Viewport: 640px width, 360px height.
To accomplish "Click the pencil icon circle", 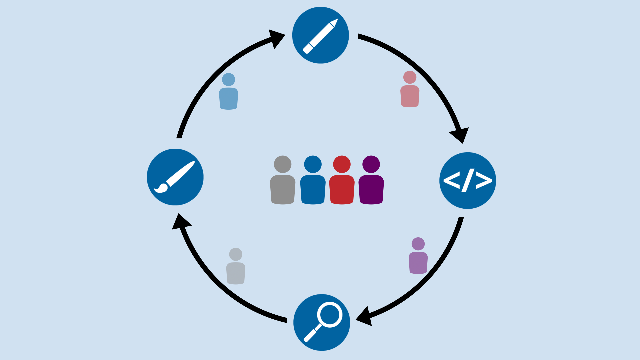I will tap(320, 35).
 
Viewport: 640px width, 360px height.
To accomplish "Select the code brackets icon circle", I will tap(468, 181).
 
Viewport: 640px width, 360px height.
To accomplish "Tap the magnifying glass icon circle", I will tap(322, 322).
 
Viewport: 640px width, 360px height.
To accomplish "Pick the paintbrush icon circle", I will tap(175, 177).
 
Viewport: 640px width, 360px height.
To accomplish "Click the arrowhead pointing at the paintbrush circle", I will tap(180, 222).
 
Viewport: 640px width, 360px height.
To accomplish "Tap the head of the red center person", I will tap(342, 164).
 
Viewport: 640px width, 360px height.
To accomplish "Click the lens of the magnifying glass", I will tap(330, 314).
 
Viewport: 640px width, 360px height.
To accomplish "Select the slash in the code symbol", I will tap(468, 180).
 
